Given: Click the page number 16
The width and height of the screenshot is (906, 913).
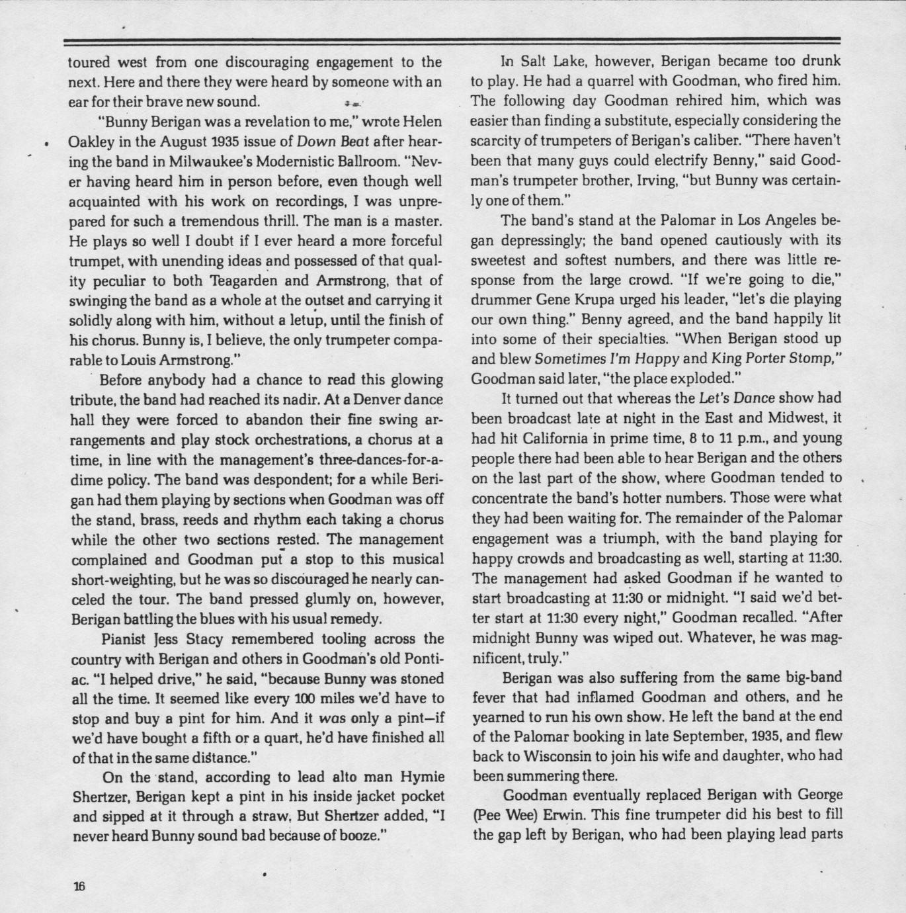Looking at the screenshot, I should pyautogui.click(x=79, y=887).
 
